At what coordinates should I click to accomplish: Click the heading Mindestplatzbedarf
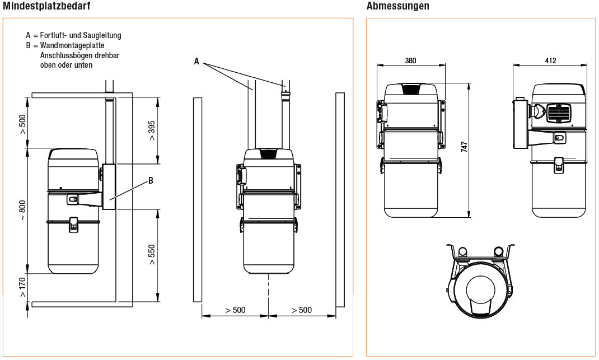47,6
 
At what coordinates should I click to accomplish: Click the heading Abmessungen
398,6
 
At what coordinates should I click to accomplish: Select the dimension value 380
410,61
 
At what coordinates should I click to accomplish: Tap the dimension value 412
550,61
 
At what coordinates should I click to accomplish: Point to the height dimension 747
464,147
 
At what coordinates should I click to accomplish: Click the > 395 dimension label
152,130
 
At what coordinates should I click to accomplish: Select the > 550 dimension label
152,254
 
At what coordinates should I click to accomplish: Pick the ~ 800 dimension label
22,211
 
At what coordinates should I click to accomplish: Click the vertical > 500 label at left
22,124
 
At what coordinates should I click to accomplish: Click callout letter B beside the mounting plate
151,180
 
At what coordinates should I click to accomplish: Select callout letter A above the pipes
196,62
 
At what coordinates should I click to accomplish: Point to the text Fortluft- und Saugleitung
81,35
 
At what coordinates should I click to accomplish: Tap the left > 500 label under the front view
235,310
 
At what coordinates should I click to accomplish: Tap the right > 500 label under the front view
302,310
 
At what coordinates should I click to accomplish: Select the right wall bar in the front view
340,199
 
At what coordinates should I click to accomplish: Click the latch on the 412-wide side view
558,165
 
